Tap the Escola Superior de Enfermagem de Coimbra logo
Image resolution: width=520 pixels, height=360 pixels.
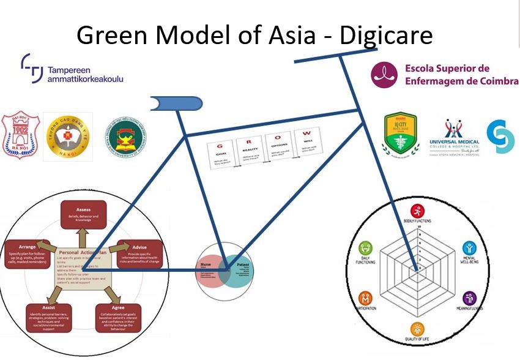tap(444, 74)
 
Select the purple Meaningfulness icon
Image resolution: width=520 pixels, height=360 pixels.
tap(470, 298)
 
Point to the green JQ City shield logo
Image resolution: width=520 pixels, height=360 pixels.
tap(400, 132)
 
